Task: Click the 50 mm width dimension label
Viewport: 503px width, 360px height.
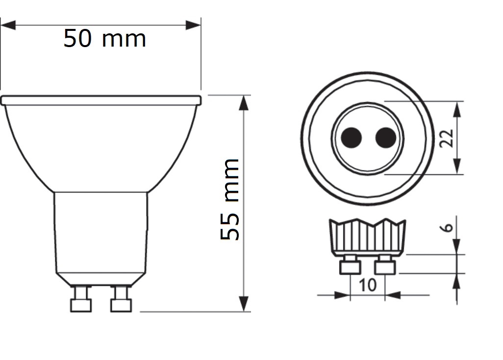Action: click(104, 39)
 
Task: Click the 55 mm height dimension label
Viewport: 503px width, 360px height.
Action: click(230, 199)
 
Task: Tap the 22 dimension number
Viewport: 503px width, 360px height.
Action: click(446, 138)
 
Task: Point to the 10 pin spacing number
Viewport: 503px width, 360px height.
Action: click(368, 285)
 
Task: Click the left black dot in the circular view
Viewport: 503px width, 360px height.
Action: click(351, 138)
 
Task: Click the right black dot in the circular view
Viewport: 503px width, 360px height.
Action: click(385, 138)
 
